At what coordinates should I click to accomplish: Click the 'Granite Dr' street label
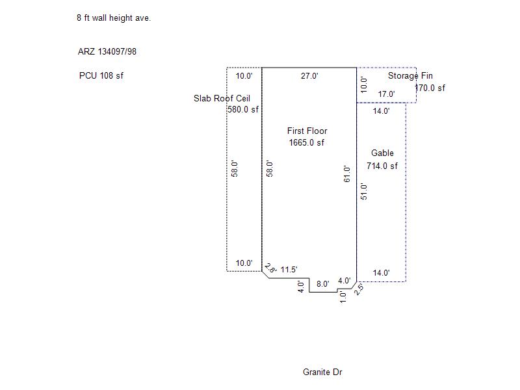[322, 372]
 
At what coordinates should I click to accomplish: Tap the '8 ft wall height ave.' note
[114, 18]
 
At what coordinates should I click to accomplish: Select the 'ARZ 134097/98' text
[107, 51]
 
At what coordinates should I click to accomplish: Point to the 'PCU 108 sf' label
[101, 75]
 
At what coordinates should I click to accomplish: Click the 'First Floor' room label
[307, 131]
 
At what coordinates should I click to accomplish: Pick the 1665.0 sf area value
[306, 142]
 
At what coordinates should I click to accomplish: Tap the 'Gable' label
[382, 153]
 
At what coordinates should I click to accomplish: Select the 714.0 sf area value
[382, 166]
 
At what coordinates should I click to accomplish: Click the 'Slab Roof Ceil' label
[222, 99]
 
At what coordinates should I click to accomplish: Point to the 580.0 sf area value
[243, 109]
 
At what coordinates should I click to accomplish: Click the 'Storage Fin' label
[410, 75]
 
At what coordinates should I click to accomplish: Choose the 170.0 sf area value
[430, 88]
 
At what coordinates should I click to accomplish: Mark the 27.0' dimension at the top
[309, 76]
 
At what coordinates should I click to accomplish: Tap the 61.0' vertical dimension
[347, 174]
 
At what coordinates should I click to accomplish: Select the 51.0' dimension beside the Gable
[364, 191]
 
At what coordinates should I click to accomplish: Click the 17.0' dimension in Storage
[386, 94]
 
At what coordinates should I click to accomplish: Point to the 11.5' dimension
[289, 270]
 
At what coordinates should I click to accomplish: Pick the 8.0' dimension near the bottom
[322, 284]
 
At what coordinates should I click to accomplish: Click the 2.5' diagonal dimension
[359, 289]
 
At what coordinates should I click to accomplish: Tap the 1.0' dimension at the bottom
[343, 297]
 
